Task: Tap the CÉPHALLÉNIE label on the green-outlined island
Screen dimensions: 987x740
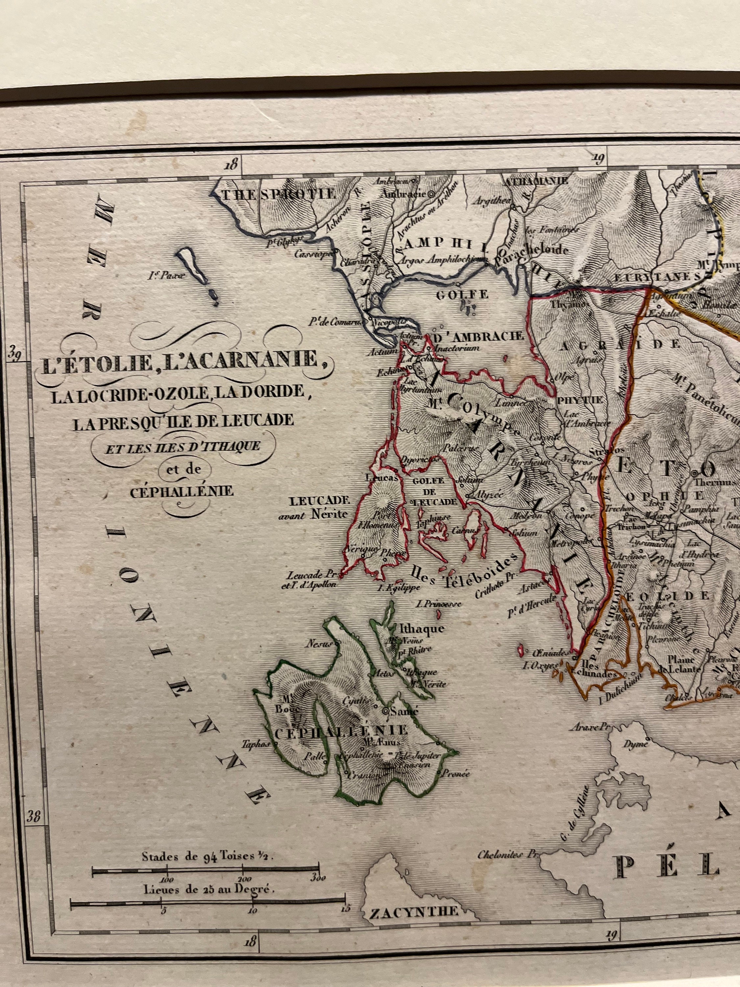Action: (x=340, y=730)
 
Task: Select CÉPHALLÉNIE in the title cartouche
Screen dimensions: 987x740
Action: (x=182, y=492)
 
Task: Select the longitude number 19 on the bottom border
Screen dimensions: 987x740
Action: (x=611, y=933)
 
